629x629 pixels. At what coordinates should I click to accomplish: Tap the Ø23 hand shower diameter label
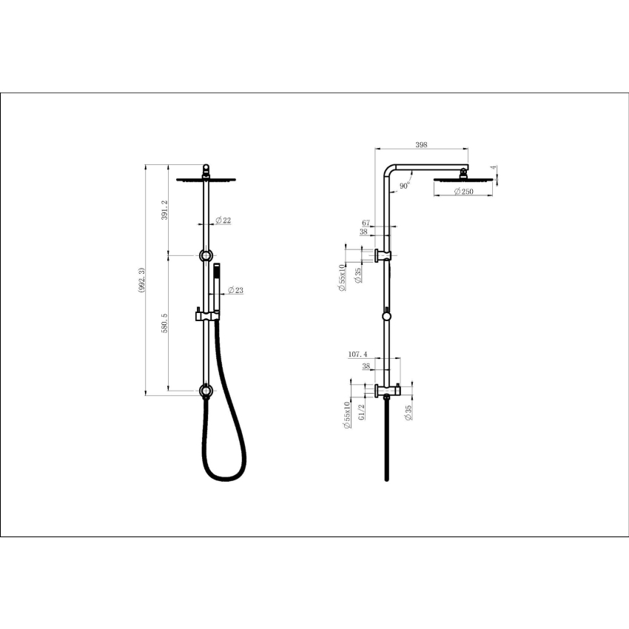235,290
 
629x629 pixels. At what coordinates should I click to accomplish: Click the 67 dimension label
366,222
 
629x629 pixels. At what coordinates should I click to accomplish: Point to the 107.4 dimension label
358,355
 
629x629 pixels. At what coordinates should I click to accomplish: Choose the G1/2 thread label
362,411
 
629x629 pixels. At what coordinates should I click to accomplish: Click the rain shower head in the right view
463,178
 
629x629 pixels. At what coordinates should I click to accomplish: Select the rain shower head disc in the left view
205,178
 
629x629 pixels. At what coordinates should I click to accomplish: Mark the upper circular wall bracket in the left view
205,255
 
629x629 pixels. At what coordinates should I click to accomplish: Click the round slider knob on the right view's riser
386,317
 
